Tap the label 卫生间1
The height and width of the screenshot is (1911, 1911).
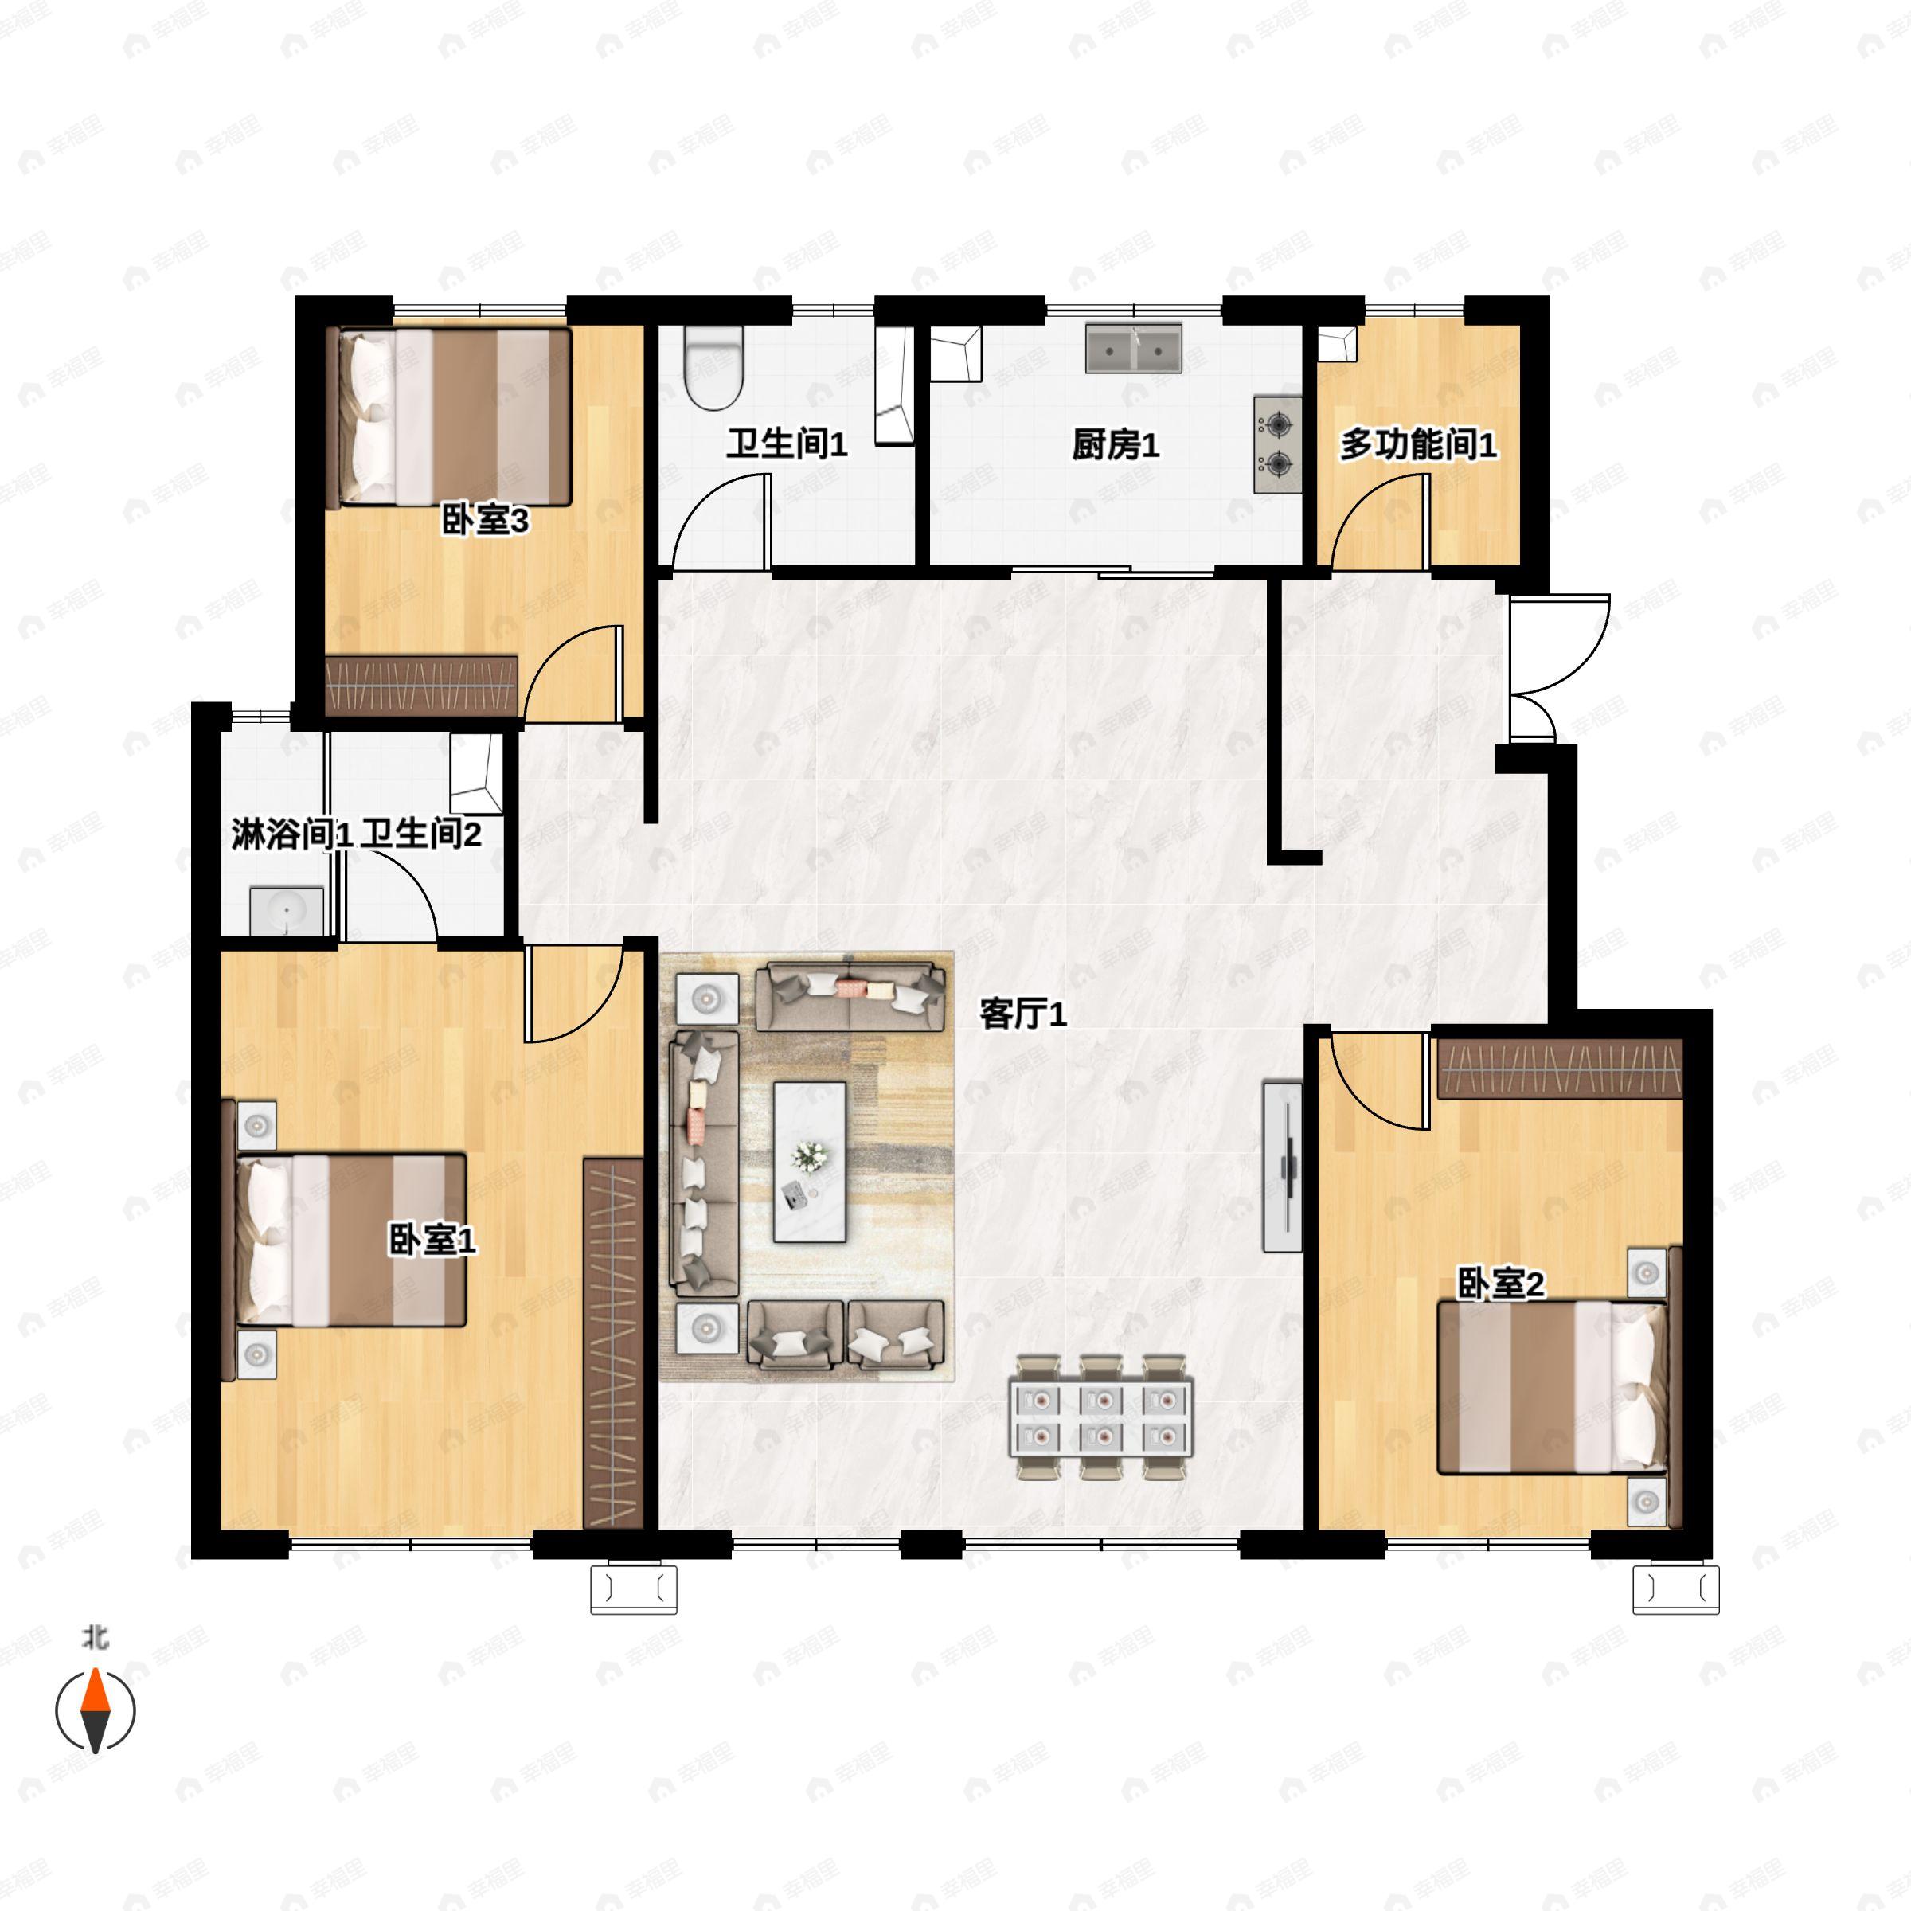787,444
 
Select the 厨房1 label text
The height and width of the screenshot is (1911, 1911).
1115,446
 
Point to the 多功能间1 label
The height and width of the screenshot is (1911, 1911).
1417,446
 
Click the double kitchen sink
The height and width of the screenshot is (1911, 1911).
1134,348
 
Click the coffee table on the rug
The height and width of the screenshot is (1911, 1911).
810,1161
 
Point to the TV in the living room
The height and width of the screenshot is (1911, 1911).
1284,1167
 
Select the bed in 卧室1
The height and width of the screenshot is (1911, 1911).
350,1240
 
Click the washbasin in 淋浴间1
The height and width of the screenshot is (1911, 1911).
287,910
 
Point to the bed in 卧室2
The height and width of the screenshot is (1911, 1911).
1552,1387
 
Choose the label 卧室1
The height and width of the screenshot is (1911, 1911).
432,1240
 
